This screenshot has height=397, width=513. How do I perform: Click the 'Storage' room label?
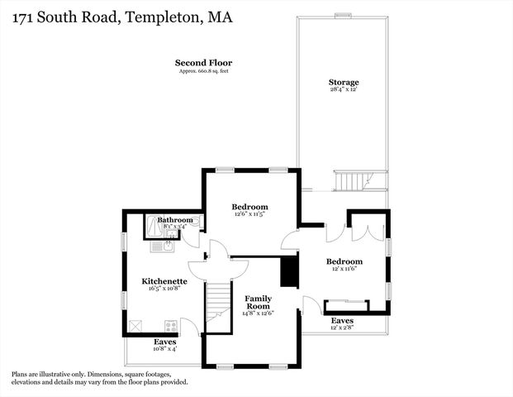pyautogui.click(x=343, y=82)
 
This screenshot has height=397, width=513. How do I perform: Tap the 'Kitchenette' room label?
pyautogui.click(x=164, y=281)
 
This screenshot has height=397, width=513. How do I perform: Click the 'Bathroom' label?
pyautogui.click(x=175, y=219)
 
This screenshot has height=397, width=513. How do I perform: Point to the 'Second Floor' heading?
pyautogui.click(x=203, y=62)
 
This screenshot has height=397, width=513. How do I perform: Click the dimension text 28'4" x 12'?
pyautogui.click(x=343, y=90)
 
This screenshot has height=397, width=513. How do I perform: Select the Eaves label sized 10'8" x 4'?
pyautogui.click(x=164, y=349)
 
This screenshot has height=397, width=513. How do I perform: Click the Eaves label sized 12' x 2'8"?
pyautogui.click(x=342, y=327)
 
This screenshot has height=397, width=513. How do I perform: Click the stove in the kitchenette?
pyautogui.click(x=170, y=325)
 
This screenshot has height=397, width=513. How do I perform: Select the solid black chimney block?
pyautogui.click(x=288, y=271)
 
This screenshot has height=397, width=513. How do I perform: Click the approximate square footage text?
pyautogui.click(x=203, y=71)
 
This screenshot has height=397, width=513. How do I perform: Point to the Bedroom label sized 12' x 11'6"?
pyautogui.click(x=344, y=261)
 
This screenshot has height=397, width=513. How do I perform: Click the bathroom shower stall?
pyautogui.click(x=154, y=227)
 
